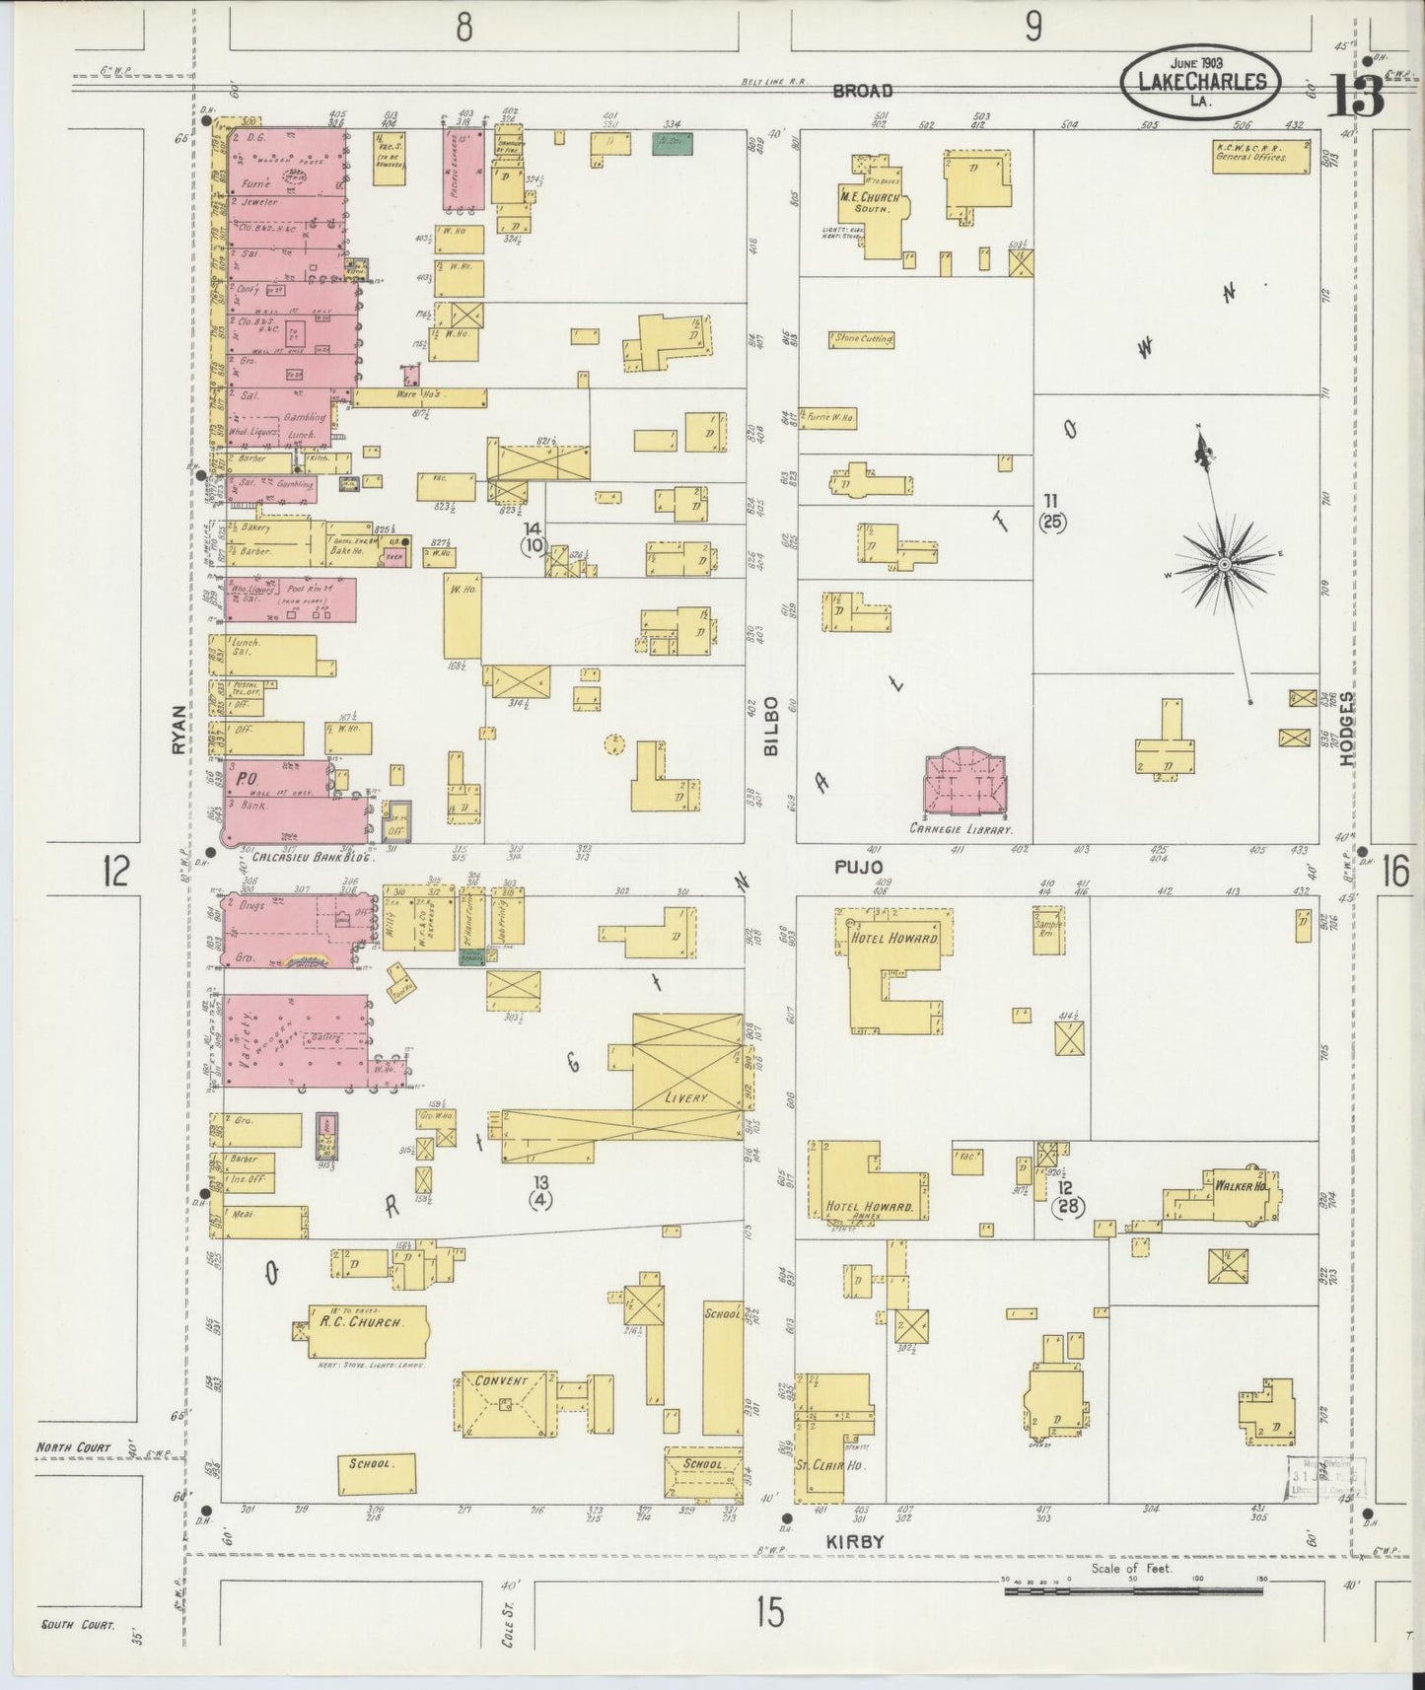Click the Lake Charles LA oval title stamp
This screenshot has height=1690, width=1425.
[x=1201, y=82]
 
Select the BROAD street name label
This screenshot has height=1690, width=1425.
[x=862, y=91]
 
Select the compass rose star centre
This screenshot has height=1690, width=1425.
[x=1224, y=564]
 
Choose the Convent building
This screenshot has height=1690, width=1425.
[x=503, y=1399]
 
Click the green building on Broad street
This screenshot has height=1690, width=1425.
[x=672, y=144]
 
